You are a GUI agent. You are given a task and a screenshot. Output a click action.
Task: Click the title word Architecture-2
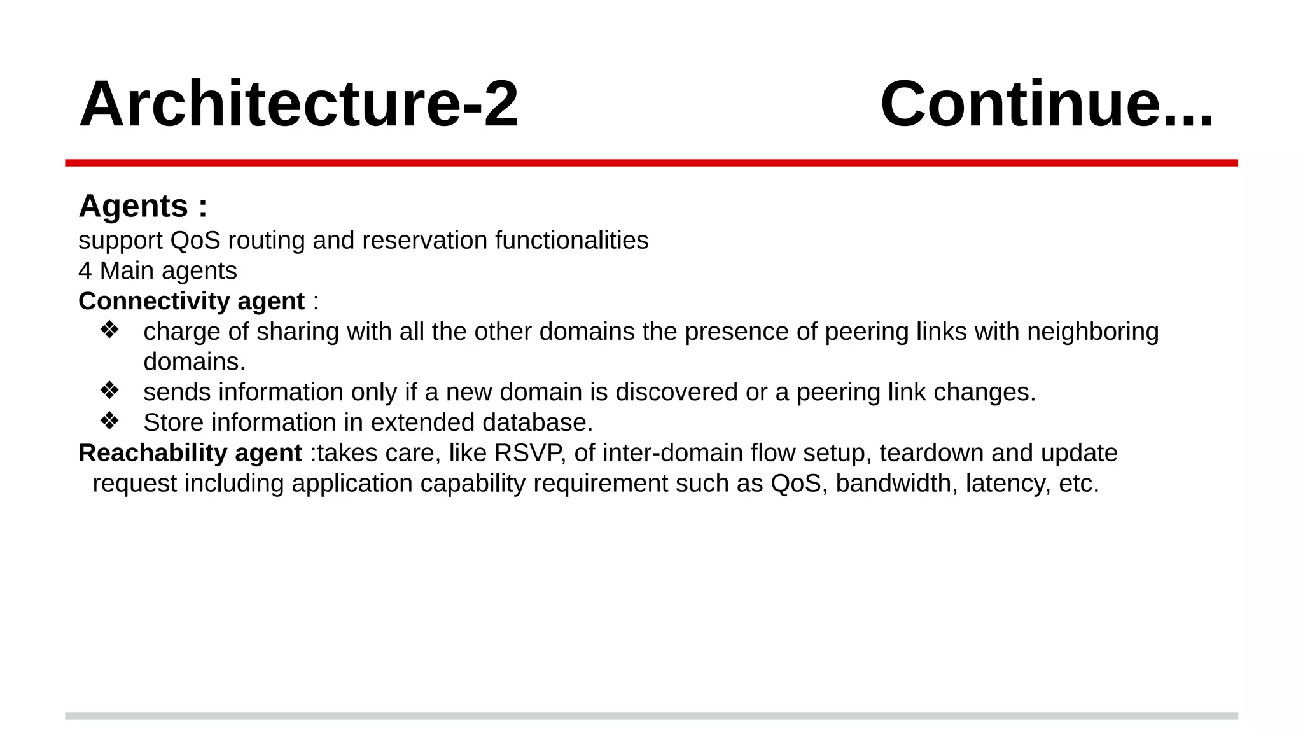(298, 104)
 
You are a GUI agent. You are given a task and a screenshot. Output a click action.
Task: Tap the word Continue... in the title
(1047, 104)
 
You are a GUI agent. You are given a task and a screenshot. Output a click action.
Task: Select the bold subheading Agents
(134, 206)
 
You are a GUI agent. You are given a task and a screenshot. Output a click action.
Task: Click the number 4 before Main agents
(85, 271)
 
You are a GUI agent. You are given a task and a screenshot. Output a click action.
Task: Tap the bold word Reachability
(153, 453)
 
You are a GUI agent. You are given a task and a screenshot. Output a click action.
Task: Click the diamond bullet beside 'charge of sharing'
(109, 330)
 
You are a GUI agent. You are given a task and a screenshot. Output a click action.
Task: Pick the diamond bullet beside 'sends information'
(109, 391)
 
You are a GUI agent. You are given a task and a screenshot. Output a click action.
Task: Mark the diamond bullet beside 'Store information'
(109, 421)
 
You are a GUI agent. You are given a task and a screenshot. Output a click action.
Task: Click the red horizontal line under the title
(651, 163)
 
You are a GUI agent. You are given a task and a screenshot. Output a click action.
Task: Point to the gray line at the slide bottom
(651, 716)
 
